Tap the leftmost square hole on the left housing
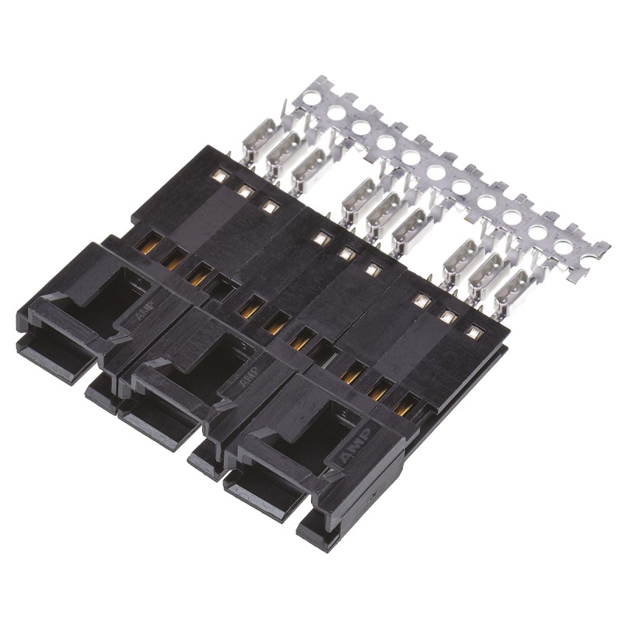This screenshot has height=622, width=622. pyautogui.click(x=220, y=178)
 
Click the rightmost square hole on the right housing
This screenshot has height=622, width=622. pyautogui.click(x=472, y=332)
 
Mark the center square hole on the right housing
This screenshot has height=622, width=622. pyautogui.click(x=447, y=317)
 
